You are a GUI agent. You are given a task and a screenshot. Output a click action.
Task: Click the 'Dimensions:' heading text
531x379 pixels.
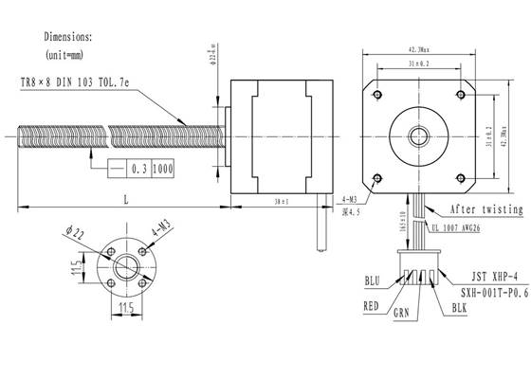pos(68,37)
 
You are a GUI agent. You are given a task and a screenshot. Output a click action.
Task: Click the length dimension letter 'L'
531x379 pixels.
pos(125,199)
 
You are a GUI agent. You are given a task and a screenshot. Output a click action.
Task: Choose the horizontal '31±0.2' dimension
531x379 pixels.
pos(417,63)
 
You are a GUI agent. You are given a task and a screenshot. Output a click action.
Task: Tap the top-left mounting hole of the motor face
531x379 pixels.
pos(378,93)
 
